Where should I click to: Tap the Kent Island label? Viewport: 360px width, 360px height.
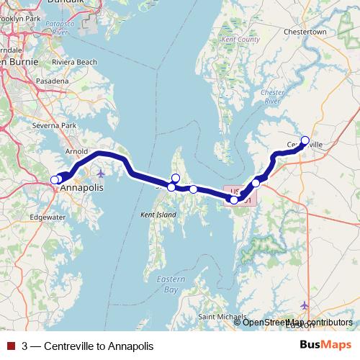click(158, 215)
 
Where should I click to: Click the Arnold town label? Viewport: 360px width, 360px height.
click(76, 152)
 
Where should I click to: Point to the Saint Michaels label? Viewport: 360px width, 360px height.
click(220, 317)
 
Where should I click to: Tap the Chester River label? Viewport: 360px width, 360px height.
click(272, 96)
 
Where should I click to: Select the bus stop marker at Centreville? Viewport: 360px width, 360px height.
click(305, 140)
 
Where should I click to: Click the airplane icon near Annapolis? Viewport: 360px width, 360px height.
click(100, 174)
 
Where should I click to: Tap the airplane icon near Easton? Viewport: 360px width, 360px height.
click(305, 305)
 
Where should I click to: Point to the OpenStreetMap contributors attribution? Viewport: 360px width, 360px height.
click(297, 322)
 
